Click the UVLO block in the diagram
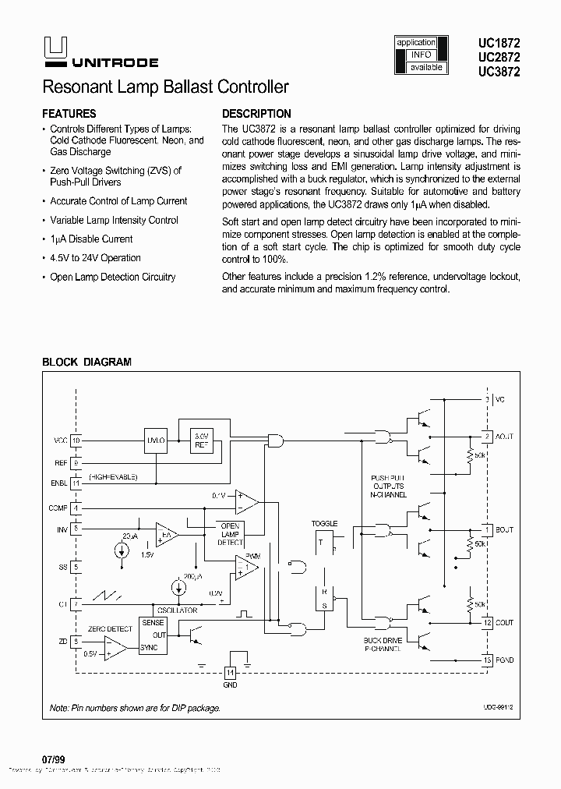tap(156, 440)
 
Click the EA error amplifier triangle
tap(166, 534)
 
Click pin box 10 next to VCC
tap(76, 440)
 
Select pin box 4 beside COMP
tap(76, 508)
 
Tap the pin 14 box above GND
tap(230, 672)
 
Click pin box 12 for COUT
tap(487, 622)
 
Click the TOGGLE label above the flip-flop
tap(324, 523)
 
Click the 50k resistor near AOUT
tap(471, 455)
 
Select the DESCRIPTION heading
tap(256, 113)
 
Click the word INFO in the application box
tap(422, 55)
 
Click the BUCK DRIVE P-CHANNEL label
tap(382, 643)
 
